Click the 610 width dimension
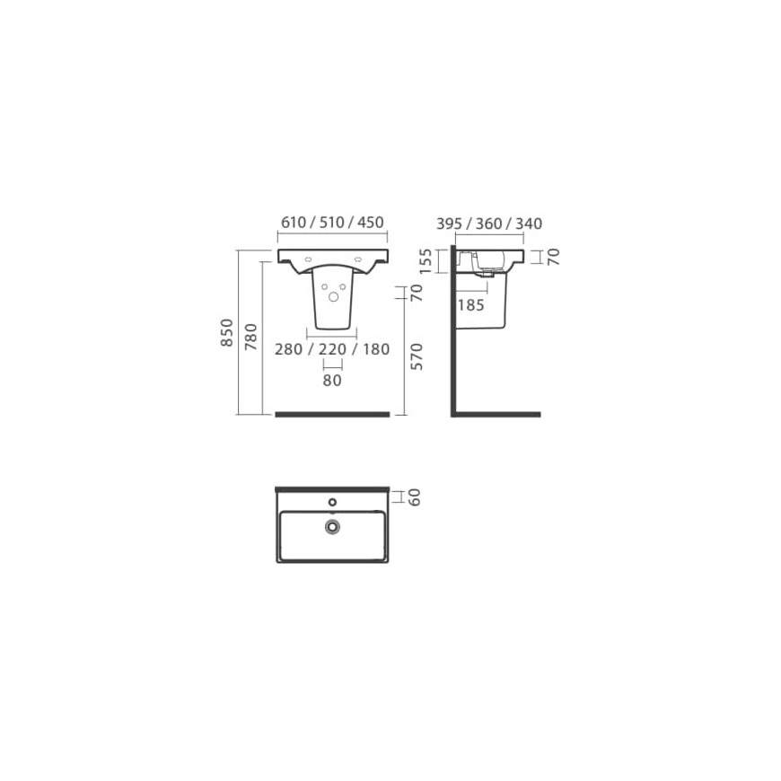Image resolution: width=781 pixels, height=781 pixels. pyautogui.click(x=294, y=222)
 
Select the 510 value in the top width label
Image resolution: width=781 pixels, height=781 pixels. pyautogui.click(x=332, y=222)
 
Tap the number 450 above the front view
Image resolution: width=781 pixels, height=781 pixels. pyautogui.click(x=371, y=222)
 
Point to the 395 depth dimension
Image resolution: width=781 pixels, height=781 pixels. pyautogui.click(x=449, y=224)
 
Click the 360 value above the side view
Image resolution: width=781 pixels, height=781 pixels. pyautogui.click(x=488, y=224)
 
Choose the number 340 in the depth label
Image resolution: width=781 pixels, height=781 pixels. pyautogui.click(x=529, y=224)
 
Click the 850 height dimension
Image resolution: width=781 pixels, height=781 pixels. pyautogui.click(x=226, y=333)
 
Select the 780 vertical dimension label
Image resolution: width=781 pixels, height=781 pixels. pyautogui.click(x=251, y=337)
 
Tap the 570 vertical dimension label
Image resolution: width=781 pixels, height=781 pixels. pyautogui.click(x=416, y=356)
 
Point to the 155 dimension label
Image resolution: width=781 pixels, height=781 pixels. pyautogui.click(x=426, y=261)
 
